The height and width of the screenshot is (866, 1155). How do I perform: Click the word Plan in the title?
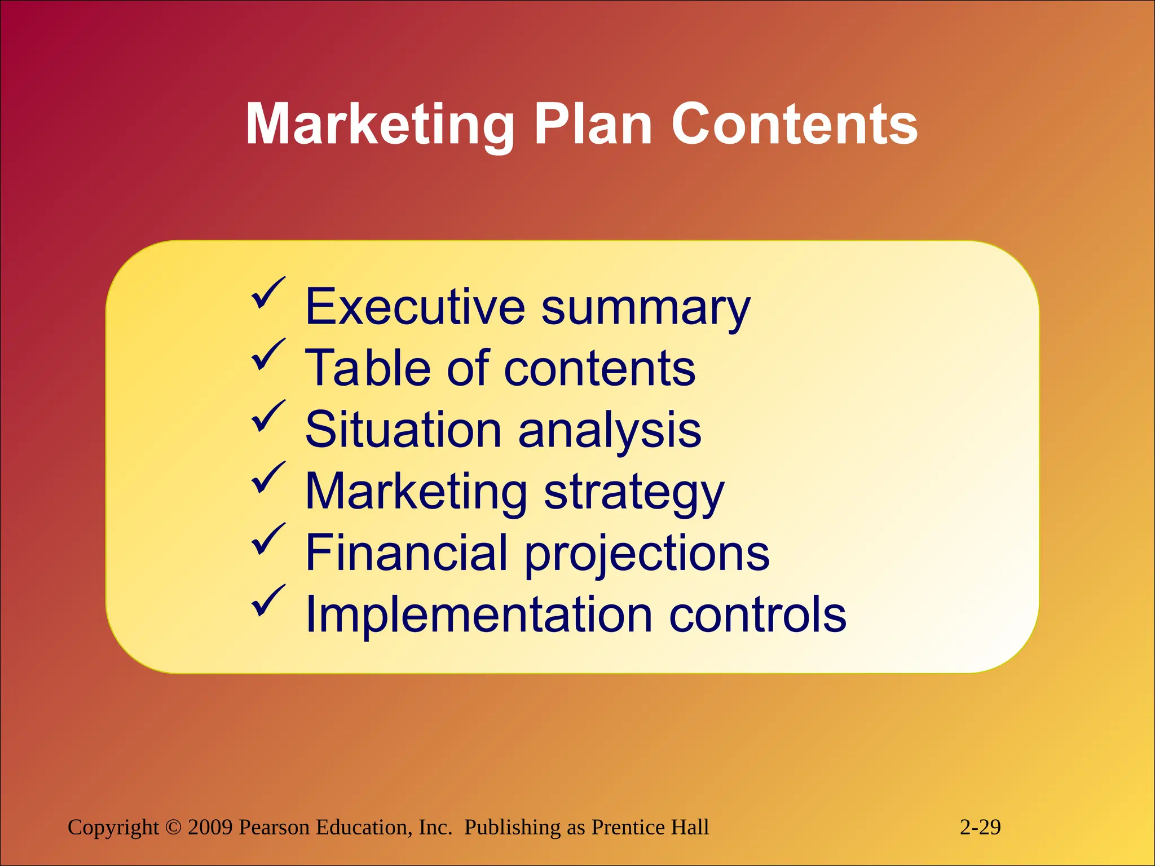593,125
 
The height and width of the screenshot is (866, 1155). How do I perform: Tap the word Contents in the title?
795,125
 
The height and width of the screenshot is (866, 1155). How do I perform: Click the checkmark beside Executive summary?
267,293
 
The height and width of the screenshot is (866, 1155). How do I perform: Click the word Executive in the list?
415,307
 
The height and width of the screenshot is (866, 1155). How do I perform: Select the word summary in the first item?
646,309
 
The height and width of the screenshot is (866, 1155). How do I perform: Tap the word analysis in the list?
610,431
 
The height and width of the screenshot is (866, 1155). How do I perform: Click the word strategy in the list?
634,493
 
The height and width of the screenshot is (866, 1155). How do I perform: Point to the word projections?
647,554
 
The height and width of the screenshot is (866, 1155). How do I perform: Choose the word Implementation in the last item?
479,615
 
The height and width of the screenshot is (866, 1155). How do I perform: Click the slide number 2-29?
980,827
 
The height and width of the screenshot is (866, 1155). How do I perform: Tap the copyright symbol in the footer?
173,827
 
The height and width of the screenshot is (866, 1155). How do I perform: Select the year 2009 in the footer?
210,827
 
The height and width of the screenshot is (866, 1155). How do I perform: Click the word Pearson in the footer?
274,827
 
